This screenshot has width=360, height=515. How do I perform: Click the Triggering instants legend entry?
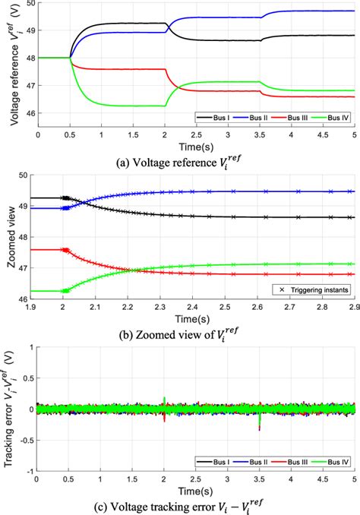coord(311,289)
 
